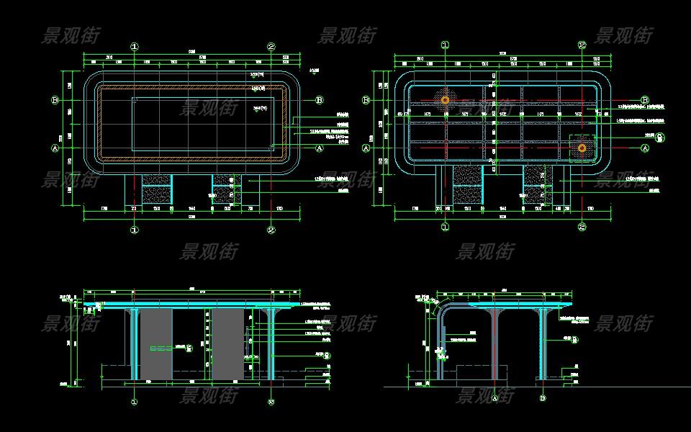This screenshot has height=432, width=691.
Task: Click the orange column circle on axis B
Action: click(x=446, y=100)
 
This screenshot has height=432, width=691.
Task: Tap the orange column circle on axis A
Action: click(x=582, y=148)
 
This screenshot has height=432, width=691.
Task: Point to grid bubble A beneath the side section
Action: click(x=494, y=397)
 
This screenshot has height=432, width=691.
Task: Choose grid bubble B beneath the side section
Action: click(x=542, y=397)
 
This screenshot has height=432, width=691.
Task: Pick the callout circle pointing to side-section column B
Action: click(x=574, y=341)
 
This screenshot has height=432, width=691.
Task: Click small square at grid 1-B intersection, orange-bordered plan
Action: click(x=134, y=100)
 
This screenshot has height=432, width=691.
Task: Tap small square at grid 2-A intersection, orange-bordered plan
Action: click(x=271, y=148)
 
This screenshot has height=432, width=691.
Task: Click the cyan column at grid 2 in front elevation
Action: click(x=271, y=346)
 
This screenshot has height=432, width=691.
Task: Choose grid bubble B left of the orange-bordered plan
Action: click(x=55, y=100)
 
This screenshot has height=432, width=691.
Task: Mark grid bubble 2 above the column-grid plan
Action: click(x=582, y=45)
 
